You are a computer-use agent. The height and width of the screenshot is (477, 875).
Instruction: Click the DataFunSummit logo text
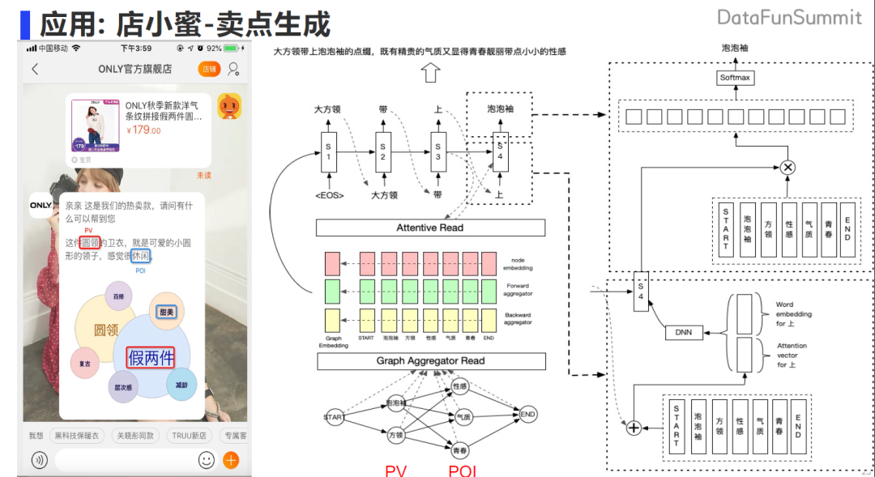coord(789,17)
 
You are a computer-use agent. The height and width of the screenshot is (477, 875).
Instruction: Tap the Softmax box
coord(736,78)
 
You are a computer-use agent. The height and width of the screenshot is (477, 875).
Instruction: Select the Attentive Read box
coord(429,228)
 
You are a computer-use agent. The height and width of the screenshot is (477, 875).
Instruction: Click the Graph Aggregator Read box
coord(430,361)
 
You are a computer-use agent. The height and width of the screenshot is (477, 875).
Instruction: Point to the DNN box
coord(683,332)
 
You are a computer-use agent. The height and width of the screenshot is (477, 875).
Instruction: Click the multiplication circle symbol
coord(787,168)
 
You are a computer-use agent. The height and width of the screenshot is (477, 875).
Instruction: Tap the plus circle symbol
coord(634,427)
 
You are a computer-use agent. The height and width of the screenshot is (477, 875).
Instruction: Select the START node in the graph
coord(334,417)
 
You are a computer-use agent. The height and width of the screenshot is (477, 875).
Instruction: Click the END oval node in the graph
coord(528,415)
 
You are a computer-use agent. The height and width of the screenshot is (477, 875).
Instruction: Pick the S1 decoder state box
coord(328,151)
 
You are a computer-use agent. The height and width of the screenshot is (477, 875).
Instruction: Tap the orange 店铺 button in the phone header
coord(209,69)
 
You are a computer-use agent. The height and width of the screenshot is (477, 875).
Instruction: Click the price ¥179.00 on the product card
coord(143,130)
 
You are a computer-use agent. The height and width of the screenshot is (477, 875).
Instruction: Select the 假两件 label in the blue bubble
coord(151,357)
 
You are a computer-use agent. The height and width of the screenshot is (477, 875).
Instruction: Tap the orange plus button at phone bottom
coord(231,461)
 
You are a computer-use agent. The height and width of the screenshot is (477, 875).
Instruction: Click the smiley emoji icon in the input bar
coord(207,461)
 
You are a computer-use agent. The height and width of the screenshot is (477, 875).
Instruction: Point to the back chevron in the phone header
coord(35,69)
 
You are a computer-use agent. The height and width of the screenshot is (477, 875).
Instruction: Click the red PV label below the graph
coord(395,471)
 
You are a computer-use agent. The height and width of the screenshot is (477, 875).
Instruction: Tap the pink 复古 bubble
coord(85,364)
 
